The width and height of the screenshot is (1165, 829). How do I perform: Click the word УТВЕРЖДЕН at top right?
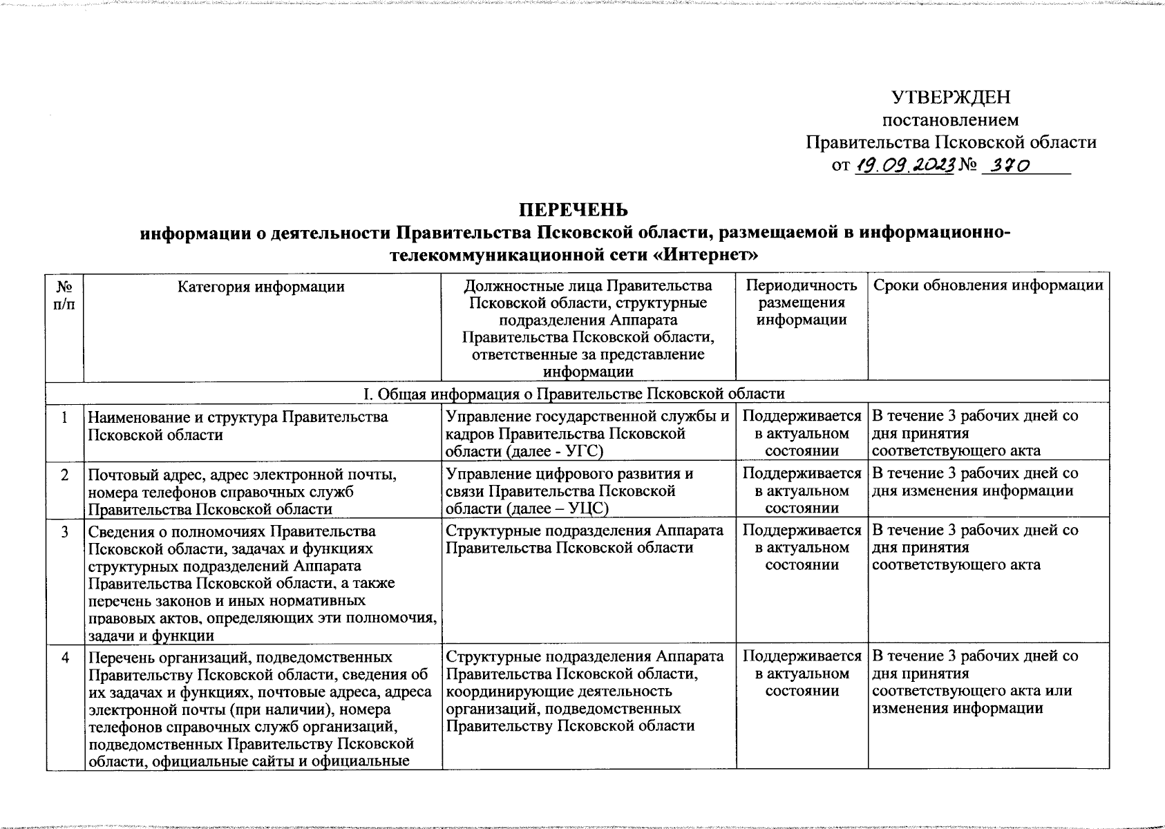951,97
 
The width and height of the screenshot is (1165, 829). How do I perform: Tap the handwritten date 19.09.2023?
905,165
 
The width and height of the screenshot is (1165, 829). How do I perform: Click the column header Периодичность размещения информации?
802,303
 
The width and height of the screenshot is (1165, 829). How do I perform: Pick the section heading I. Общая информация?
574,394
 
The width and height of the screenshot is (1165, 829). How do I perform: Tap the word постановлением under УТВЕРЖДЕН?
951,120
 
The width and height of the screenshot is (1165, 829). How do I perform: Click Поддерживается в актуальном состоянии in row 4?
802,674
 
